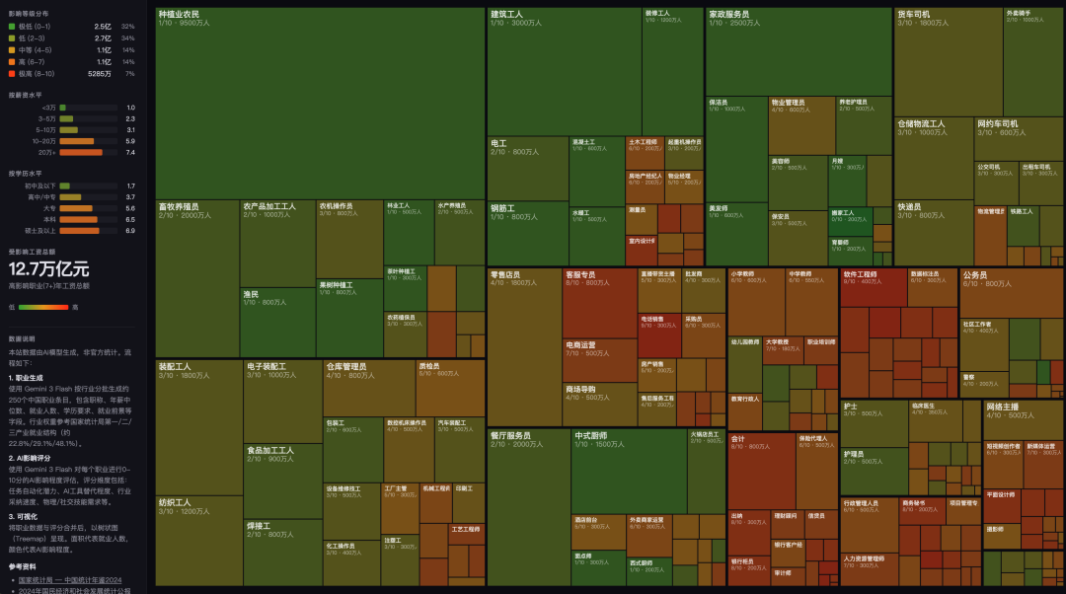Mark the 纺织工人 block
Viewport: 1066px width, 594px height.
[198, 539]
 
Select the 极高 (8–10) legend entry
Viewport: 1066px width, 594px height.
[39, 73]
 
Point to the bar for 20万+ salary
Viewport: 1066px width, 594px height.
[81, 152]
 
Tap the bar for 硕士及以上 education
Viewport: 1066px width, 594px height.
[79, 230]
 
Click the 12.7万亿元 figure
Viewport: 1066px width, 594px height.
[49, 268]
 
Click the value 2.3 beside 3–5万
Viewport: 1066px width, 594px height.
[130, 118]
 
